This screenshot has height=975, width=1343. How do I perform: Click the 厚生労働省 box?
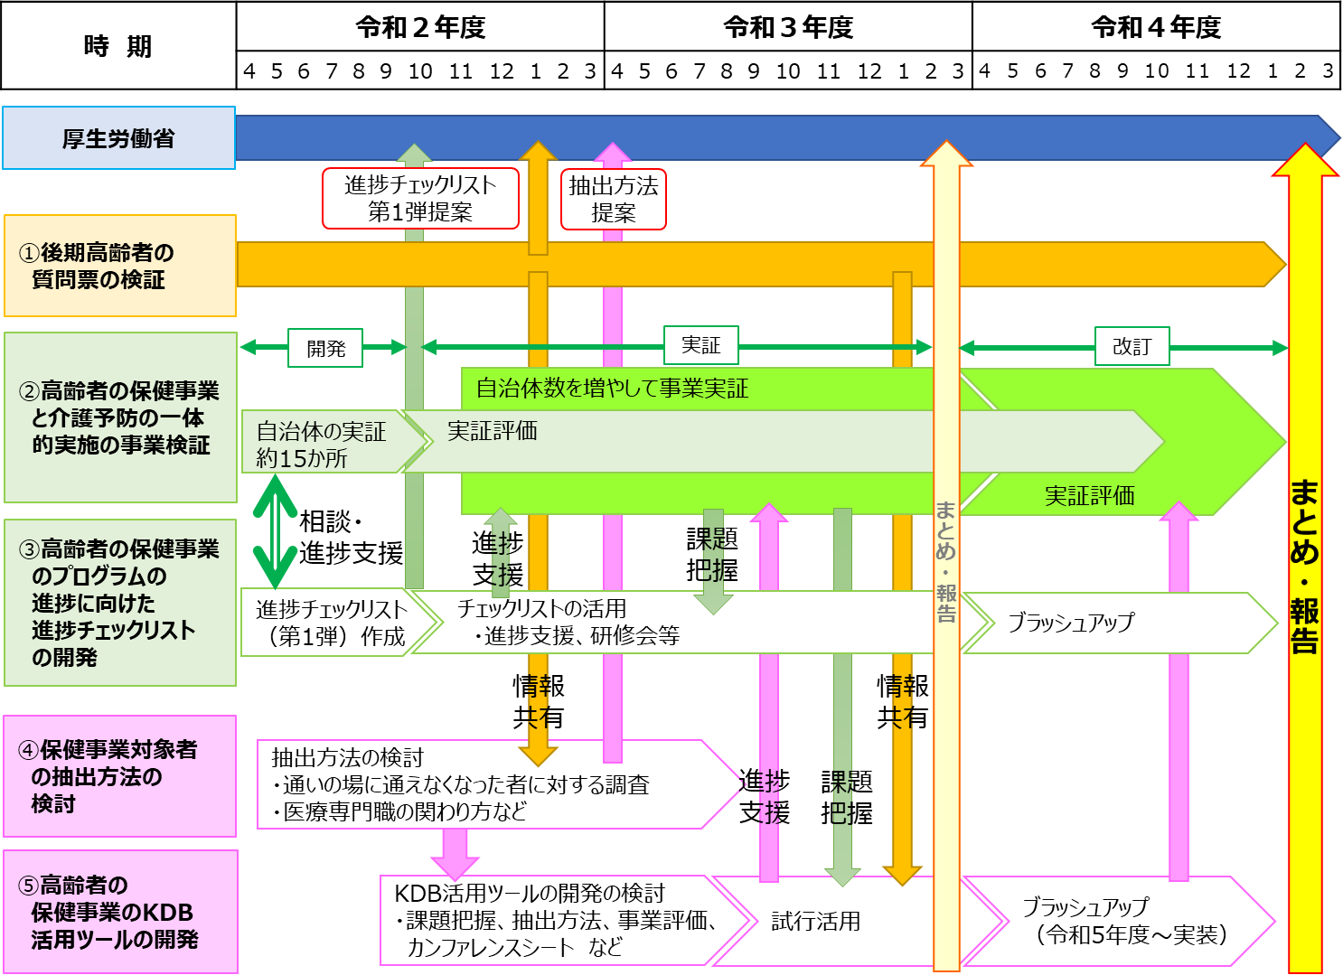(118, 138)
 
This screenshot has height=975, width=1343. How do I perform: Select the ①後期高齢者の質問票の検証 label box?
(119, 266)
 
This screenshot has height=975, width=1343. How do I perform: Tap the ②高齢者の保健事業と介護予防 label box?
(120, 417)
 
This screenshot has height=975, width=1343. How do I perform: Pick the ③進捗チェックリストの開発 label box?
(119, 603)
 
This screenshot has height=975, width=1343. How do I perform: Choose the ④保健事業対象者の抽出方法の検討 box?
(119, 776)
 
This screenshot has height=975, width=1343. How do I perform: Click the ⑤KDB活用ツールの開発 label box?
(119, 912)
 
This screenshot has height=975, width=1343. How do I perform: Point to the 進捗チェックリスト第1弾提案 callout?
(420, 198)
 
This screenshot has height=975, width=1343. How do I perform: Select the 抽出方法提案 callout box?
(613, 199)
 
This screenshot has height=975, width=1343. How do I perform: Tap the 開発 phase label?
(325, 348)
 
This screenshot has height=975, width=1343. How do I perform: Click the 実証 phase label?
(700, 345)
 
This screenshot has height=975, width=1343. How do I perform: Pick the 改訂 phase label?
(1132, 346)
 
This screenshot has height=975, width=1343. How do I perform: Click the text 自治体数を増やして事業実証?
(612, 389)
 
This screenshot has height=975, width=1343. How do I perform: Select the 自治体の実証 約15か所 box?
(321, 444)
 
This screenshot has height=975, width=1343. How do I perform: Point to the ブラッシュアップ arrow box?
(1071, 622)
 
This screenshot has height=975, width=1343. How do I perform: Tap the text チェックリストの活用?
(541, 608)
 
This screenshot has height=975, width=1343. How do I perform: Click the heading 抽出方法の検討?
(347, 757)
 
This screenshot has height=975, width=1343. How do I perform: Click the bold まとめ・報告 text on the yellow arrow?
(1304, 566)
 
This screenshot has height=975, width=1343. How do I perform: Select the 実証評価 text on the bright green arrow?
(1089, 495)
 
